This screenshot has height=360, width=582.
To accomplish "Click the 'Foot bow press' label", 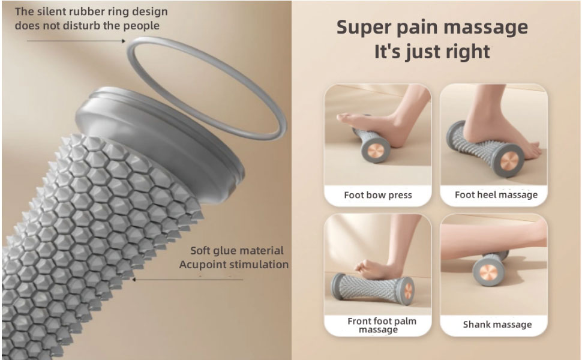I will [378, 195].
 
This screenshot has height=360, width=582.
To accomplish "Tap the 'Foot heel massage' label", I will [496, 194].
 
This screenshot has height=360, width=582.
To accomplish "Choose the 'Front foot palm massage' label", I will [382, 325].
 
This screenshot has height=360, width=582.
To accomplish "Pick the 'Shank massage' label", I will [497, 325].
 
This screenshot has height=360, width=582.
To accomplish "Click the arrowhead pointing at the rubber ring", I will [123, 41].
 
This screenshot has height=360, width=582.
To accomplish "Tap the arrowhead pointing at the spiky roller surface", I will [133, 279].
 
